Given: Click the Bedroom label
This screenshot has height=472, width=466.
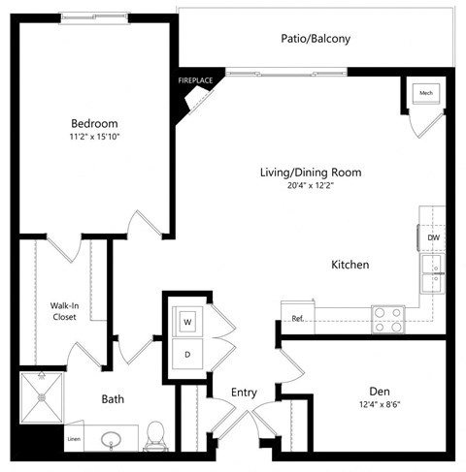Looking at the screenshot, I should pos(94,123).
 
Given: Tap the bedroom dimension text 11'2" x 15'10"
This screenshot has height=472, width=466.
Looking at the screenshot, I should pos(94,139).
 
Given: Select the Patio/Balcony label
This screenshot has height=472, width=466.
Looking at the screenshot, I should pos(315,40).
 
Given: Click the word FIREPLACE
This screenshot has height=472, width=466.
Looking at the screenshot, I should pos(194,81).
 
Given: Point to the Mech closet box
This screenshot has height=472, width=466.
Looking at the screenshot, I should pos(426,93).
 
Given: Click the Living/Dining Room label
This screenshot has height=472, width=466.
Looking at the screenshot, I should pos(311,173).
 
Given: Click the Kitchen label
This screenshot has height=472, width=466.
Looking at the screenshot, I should pos(349,265).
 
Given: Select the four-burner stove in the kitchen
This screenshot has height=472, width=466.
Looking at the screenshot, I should pos(388,319).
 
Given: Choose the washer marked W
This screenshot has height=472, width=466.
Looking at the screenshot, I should pos(186,320).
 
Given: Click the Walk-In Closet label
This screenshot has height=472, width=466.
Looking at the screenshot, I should pos(64,310).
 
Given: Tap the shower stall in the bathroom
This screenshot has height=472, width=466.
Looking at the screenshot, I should pos(44,397).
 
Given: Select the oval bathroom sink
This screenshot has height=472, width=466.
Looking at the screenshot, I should pos(109,442).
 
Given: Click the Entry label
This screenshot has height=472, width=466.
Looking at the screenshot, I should pos(244,393).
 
